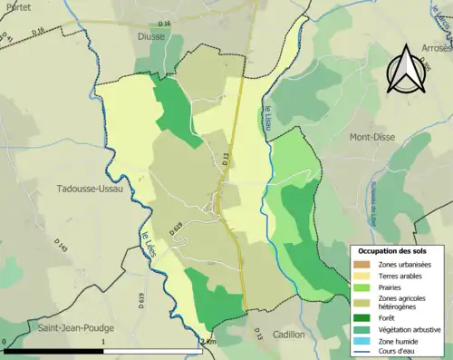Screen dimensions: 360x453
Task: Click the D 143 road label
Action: pyautogui.click(x=63, y=246)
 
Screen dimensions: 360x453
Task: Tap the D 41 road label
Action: pyautogui.click(x=11, y=41)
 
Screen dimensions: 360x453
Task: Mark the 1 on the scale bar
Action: pyautogui.click(x=104, y=342)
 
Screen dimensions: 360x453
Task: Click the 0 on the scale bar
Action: pyautogui.click(x=6, y=342)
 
